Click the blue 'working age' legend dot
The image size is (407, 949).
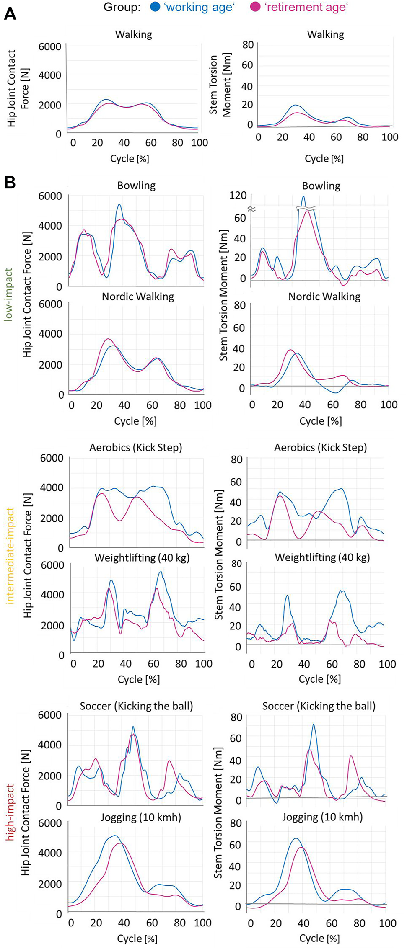pos(155,7)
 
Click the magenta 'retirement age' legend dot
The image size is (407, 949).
pos(255,7)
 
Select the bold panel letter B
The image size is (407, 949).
pos(10,183)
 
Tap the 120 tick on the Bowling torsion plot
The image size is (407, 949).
pos(238,195)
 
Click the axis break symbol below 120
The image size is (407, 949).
pos(251,208)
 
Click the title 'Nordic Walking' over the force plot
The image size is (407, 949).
pos(138,297)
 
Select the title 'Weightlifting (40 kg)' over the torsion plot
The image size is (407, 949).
pos(322,557)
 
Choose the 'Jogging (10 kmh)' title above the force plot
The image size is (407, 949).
pos(141,817)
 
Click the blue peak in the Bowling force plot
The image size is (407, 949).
pos(119,204)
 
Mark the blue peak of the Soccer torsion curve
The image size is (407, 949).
pos(314,725)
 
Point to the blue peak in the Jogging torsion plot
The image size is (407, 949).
pos(296,838)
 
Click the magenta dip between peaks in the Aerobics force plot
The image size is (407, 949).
pos(120,521)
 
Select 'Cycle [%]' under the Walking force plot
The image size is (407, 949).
pos(130,158)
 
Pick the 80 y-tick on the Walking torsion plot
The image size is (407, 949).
pos(248,44)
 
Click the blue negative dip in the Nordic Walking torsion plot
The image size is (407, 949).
pos(334,392)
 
